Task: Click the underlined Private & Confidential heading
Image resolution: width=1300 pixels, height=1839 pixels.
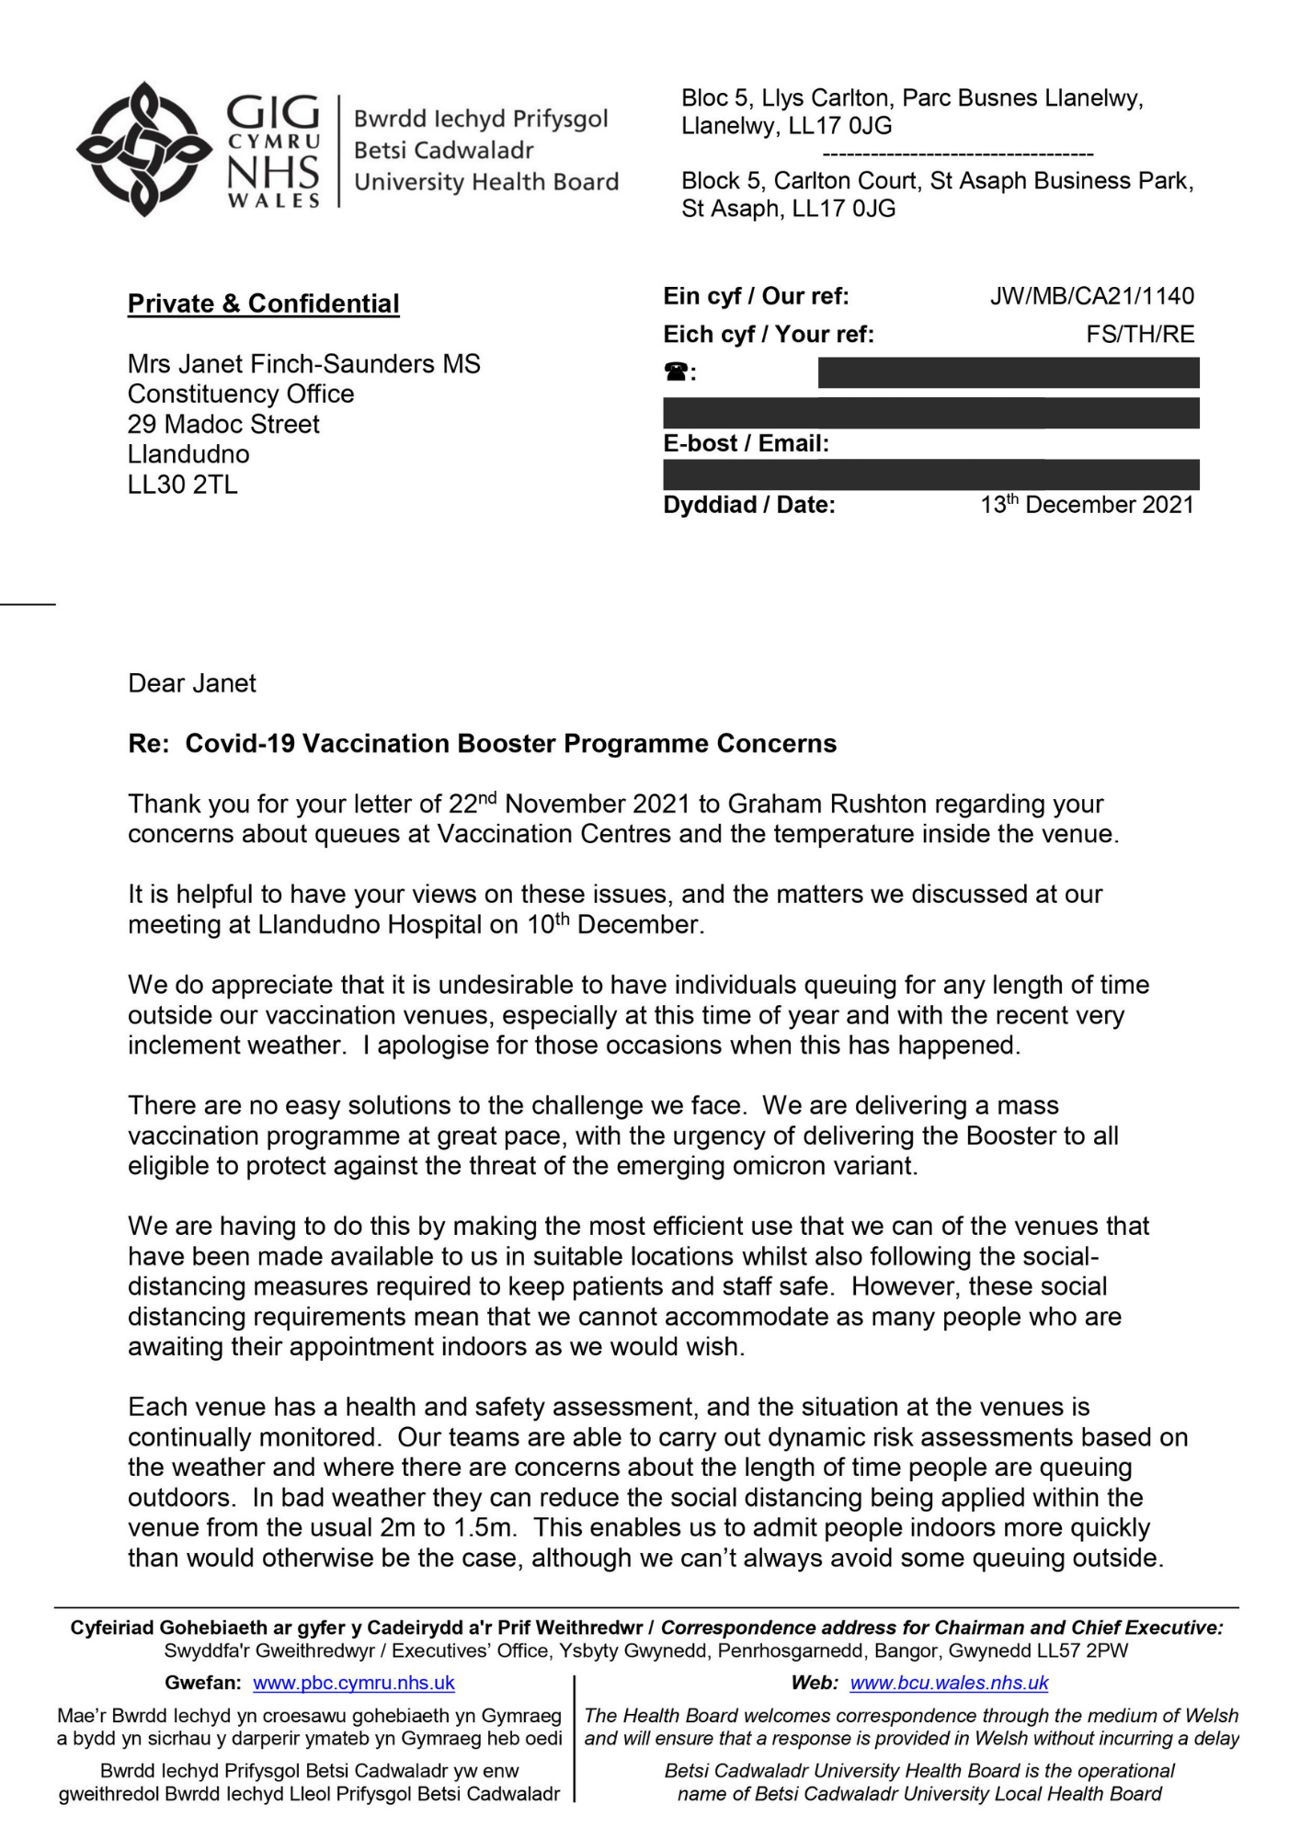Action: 263,303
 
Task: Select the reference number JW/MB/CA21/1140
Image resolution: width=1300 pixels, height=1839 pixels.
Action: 1091,296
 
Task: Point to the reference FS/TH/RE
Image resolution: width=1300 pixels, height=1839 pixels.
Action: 1140,334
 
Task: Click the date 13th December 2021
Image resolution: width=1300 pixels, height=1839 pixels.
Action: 1087,505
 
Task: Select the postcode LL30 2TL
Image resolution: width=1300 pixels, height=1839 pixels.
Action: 182,485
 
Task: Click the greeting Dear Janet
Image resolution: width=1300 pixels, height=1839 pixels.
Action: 192,683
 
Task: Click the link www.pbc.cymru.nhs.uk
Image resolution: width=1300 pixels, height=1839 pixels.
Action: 354,1683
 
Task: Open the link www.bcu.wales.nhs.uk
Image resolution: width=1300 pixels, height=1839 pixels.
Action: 949,1683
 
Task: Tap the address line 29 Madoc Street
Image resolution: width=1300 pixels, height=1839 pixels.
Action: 223,424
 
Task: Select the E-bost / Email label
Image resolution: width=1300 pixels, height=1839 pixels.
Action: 746,444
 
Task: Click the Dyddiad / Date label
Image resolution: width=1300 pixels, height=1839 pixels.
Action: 749,505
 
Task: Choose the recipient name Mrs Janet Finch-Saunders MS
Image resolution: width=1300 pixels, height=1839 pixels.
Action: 303,364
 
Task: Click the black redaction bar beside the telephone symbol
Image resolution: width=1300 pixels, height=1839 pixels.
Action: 1008,372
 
